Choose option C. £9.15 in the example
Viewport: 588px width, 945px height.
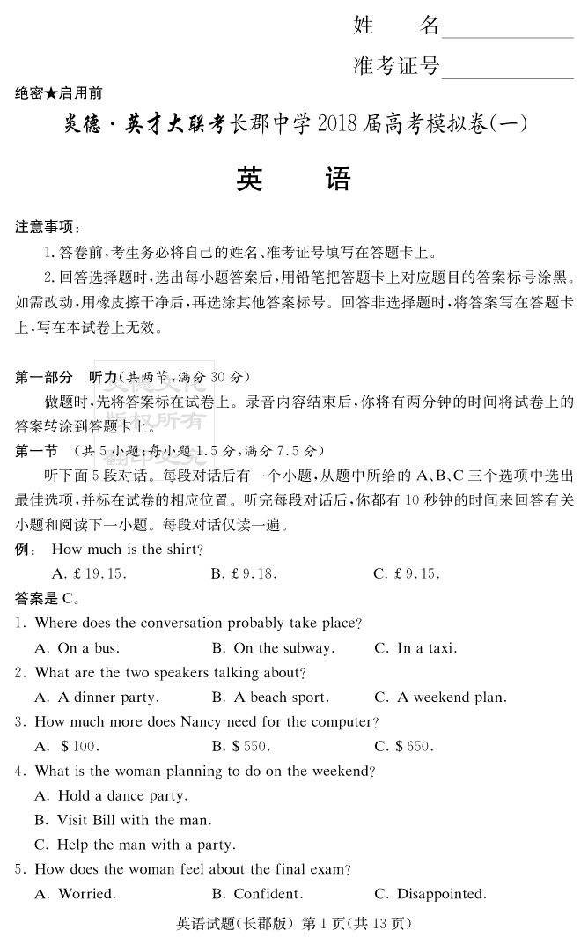coord(406,574)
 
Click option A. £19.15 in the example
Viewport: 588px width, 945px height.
coord(89,574)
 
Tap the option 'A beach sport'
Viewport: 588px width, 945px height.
coord(270,698)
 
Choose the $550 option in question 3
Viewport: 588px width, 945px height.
coord(240,747)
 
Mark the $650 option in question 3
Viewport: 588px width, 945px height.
coord(402,747)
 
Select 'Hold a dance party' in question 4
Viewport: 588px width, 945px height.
coord(111,796)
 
